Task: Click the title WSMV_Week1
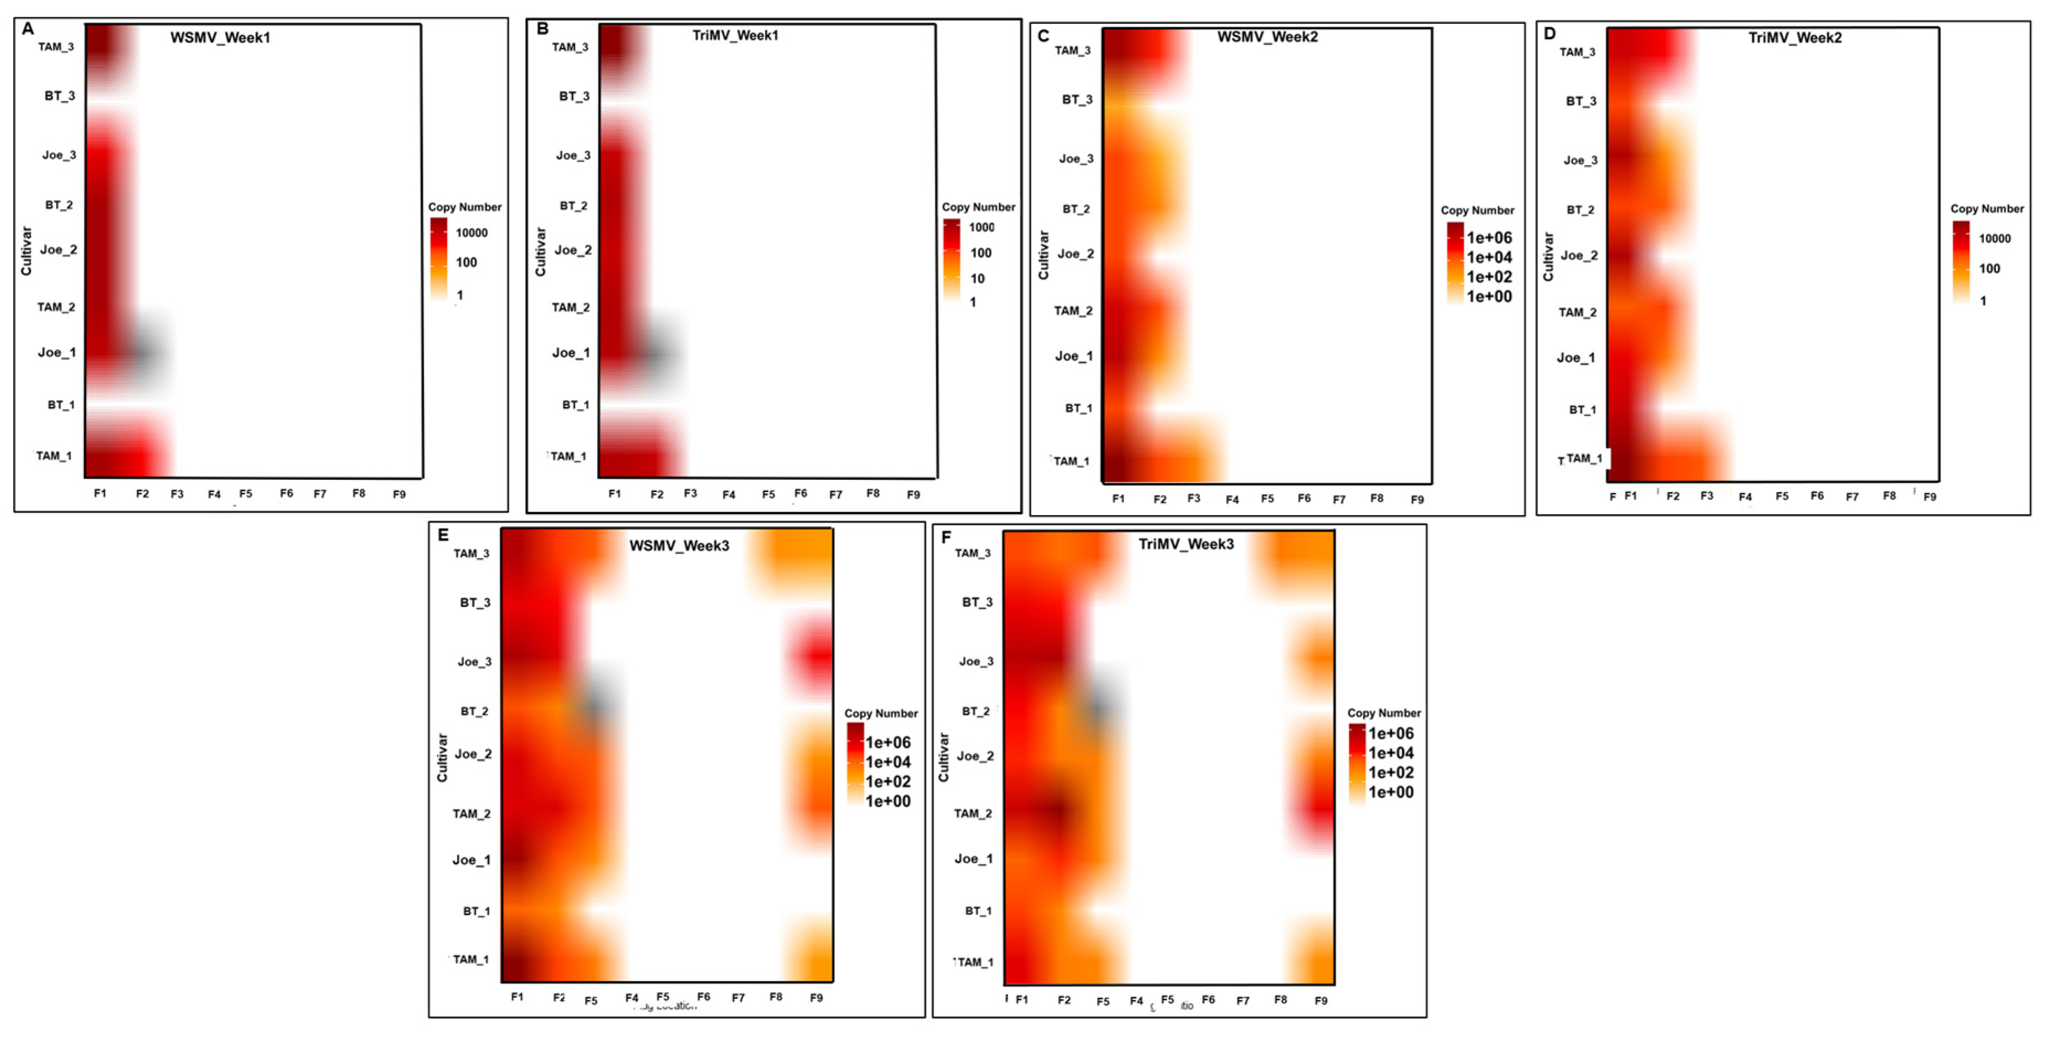220,38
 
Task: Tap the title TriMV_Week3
1186,544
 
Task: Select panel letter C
1043,36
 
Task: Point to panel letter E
443,535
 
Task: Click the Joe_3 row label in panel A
59,155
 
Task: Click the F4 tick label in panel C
1232,499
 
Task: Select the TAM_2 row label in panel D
1577,313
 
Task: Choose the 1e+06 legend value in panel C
1489,238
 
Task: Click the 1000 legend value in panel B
982,227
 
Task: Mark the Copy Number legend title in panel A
465,207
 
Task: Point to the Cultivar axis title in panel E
442,757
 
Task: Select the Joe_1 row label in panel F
973,859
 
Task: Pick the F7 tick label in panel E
738,997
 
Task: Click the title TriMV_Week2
1795,38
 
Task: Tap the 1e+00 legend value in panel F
1391,792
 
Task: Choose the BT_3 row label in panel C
1077,99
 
